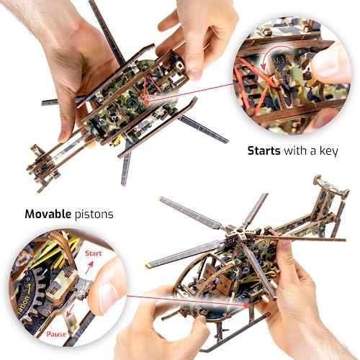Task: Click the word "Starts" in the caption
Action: click(264, 151)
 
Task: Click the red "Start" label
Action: click(92, 254)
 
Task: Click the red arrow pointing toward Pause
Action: click(71, 323)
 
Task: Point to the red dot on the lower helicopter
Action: click(247, 305)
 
